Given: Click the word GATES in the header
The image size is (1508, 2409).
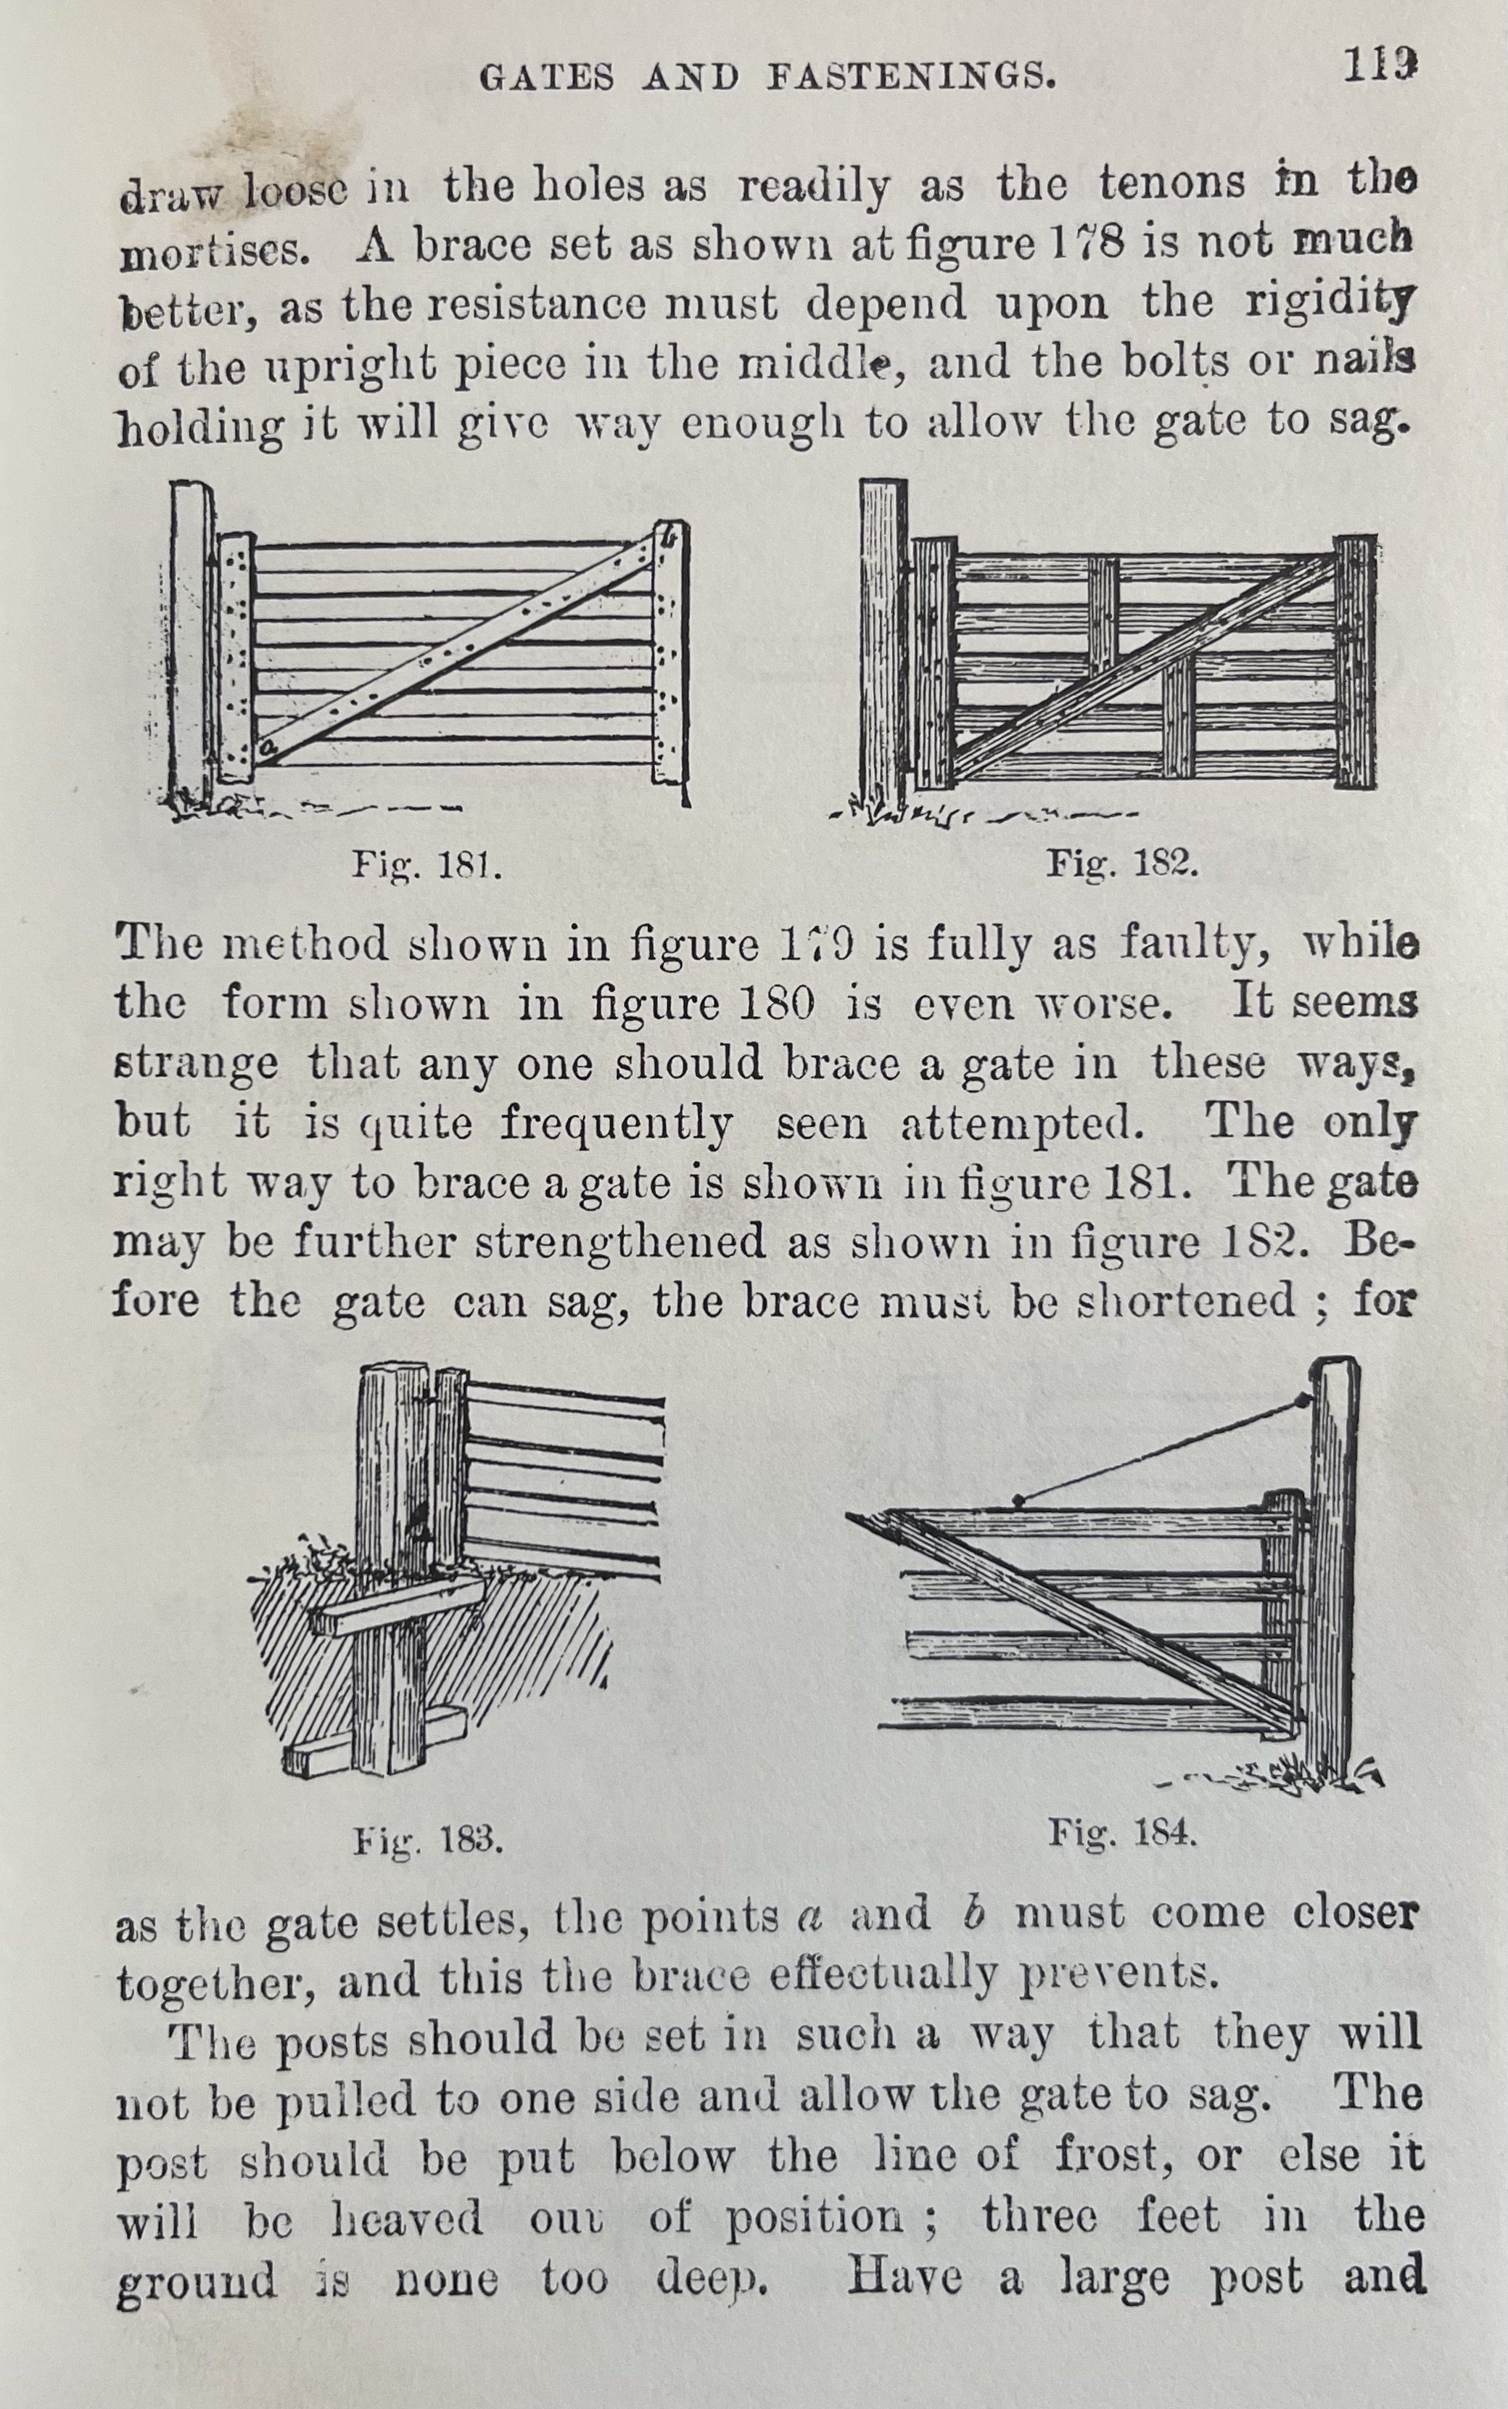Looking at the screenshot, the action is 547,78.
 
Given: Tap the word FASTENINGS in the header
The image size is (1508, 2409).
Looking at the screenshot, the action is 910,77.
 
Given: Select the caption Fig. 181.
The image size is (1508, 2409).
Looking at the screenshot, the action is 426,865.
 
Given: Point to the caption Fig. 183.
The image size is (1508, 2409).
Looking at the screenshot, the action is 428,1839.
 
